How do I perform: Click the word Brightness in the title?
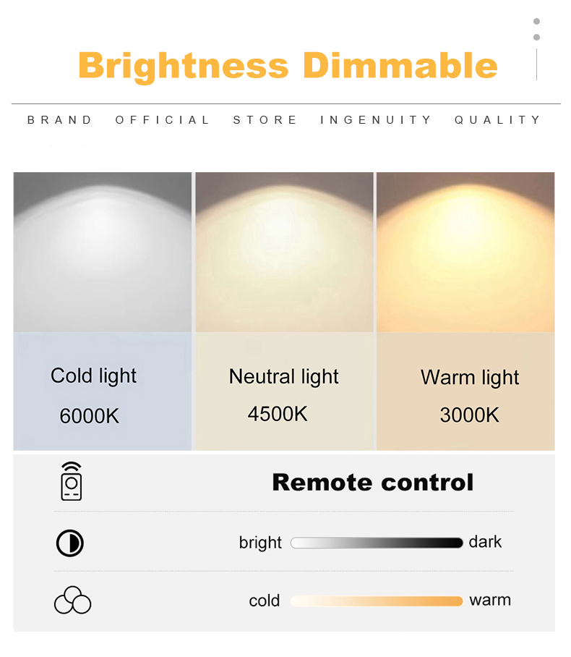(184, 66)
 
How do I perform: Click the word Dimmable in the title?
(400, 65)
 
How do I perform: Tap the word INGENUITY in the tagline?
(376, 120)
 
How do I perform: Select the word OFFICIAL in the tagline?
(162, 120)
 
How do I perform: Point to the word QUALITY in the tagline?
(498, 120)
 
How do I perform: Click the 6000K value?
(89, 415)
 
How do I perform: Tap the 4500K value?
(278, 414)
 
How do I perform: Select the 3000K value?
(470, 415)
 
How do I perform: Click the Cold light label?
(93, 376)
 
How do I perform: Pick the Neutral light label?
(284, 377)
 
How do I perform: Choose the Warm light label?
(470, 378)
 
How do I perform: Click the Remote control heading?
(373, 483)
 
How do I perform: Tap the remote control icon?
(71, 481)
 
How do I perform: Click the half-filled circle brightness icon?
(70, 543)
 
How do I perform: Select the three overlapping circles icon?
(72, 600)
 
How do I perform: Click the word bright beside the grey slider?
(260, 543)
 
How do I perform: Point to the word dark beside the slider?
(485, 542)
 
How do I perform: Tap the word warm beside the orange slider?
(490, 601)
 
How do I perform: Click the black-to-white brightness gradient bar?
(377, 543)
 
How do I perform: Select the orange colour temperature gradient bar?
(377, 601)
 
